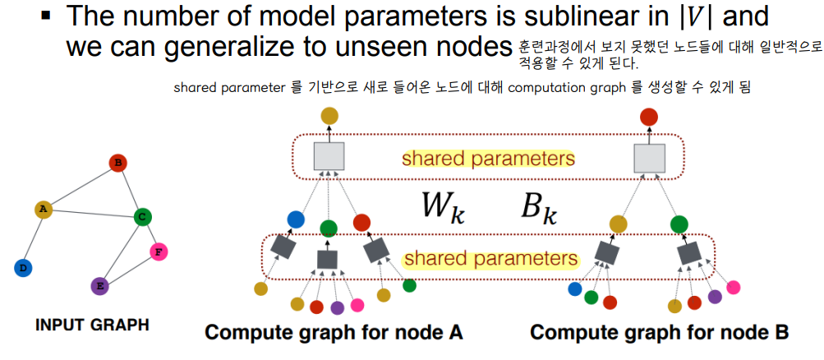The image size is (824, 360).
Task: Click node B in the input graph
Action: click(117, 164)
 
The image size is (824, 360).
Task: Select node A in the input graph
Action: click(44, 210)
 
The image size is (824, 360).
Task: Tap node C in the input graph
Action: click(142, 217)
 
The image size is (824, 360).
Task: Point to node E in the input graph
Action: click(99, 286)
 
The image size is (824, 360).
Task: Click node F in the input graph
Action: click(159, 252)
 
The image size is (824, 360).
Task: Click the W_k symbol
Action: click(443, 208)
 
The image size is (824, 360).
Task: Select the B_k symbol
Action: click(539, 208)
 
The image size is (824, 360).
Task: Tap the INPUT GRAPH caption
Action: click(92, 325)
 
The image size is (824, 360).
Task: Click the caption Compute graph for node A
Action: click(334, 333)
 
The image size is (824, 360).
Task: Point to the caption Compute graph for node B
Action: click(659, 333)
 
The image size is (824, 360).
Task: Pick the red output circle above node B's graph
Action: click(649, 116)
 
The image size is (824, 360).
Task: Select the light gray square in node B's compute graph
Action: click(649, 156)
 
